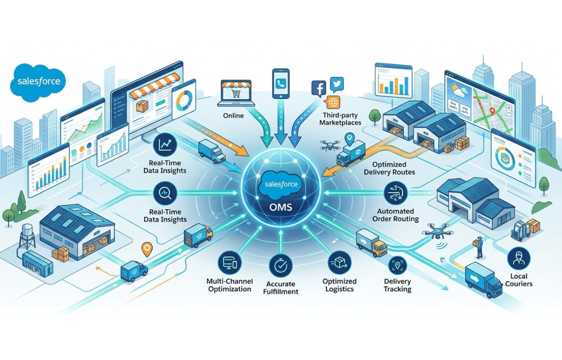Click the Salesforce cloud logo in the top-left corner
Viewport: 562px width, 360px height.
pos(38,81)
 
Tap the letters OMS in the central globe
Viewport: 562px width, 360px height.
pos(281,206)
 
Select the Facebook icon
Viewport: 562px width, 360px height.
pos(318,88)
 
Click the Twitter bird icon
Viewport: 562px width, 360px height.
pos(337,84)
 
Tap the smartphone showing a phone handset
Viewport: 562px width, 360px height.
pos(281,84)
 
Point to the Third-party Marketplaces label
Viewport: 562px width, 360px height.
pos(340,119)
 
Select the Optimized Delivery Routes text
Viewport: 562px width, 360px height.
pos(389,169)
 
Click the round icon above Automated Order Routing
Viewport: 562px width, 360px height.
pos(392,193)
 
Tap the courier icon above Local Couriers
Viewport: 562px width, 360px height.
pos(518,258)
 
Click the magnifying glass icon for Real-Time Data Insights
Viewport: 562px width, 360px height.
pos(164,192)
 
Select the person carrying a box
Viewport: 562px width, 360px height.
pos(479,247)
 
